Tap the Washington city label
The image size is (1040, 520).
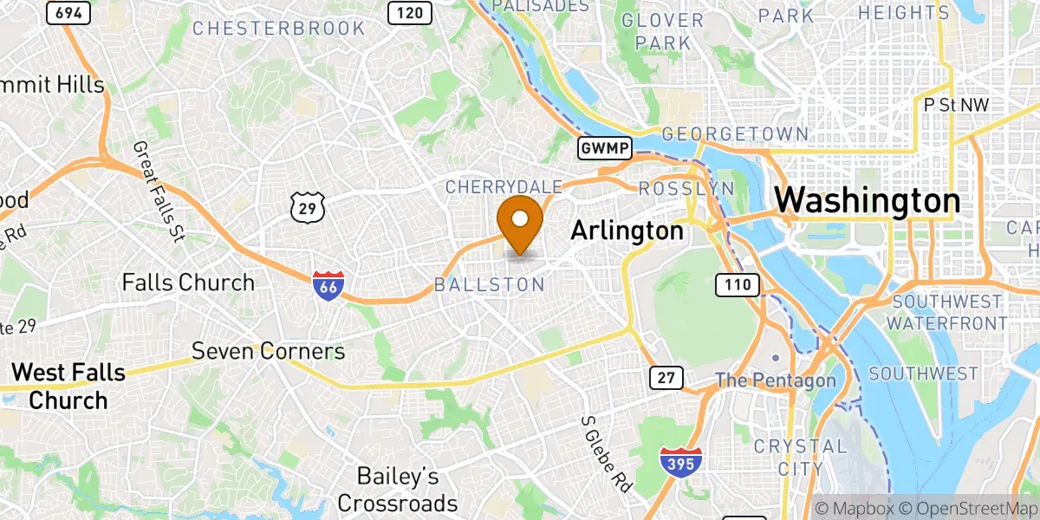pyautogui.click(x=867, y=201)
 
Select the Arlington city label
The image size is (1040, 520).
pyautogui.click(x=627, y=231)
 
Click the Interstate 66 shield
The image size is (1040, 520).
pyautogui.click(x=328, y=286)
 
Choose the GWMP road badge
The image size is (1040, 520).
pyautogui.click(x=605, y=148)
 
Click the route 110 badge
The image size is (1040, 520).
pyautogui.click(x=738, y=283)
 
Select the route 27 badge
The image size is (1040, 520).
pyautogui.click(x=666, y=377)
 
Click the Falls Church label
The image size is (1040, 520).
pyautogui.click(x=188, y=283)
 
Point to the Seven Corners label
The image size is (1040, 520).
pyautogui.click(x=268, y=351)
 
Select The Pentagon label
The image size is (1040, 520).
pyautogui.click(x=776, y=380)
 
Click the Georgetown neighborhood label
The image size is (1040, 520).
pyautogui.click(x=735, y=134)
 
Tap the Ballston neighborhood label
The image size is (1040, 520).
pyautogui.click(x=490, y=284)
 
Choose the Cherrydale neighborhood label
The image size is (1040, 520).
pyautogui.click(x=504, y=186)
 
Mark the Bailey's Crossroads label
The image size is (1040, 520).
pyautogui.click(x=398, y=490)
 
